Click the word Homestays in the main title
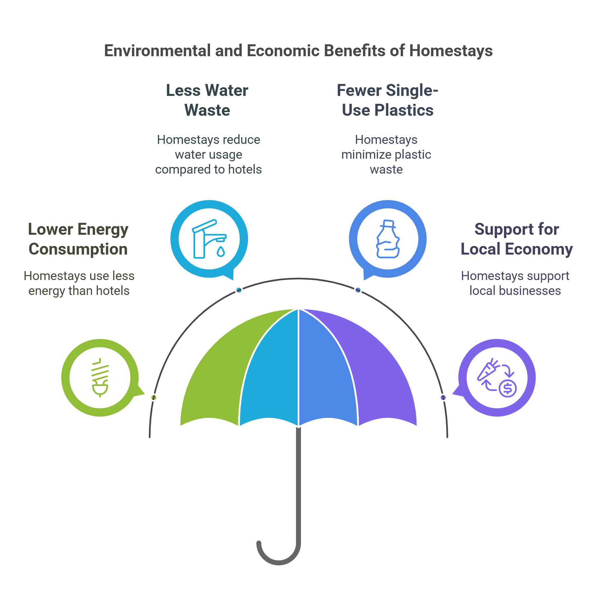coord(451,51)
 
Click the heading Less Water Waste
coord(207,100)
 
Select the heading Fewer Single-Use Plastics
coord(388,100)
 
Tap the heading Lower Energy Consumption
coord(78,239)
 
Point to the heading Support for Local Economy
coord(517,239)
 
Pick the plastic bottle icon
coord(388,239)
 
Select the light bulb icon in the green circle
coord(100,377)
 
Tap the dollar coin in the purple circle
coord(508,388)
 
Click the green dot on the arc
coord(154,397)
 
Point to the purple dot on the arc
coord(443,397)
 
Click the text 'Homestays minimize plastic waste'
coord(386,154)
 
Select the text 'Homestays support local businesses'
coord(515,283)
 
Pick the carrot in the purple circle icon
coord(488,370)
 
